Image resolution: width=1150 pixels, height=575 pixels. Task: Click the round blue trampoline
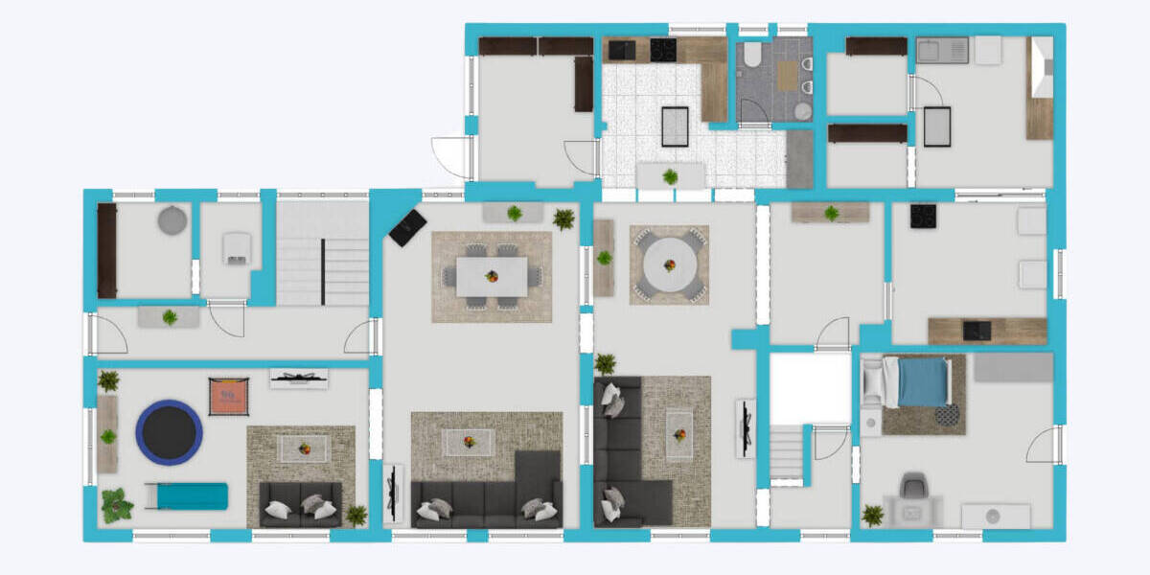169,432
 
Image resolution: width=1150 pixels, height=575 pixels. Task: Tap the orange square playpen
228,396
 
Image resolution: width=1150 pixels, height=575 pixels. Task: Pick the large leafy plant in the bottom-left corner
117,506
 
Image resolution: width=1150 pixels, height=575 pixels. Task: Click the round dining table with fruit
669,265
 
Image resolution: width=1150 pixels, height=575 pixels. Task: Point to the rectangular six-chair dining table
492,276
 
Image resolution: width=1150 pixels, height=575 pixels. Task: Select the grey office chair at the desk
913,486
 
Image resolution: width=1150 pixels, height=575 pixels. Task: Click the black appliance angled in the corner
408,227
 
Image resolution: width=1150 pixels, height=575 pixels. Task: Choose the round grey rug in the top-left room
172,220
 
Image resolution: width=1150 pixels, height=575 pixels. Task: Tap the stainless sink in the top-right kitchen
941,50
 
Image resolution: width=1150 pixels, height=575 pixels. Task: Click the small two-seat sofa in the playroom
300,505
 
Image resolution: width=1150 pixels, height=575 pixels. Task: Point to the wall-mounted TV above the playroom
299,378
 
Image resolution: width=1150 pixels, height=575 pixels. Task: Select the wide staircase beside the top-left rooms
322,253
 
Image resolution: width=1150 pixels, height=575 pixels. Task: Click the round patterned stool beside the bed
947,415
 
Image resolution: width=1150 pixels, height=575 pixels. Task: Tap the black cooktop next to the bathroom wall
663,50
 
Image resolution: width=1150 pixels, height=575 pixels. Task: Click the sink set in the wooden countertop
977,330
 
